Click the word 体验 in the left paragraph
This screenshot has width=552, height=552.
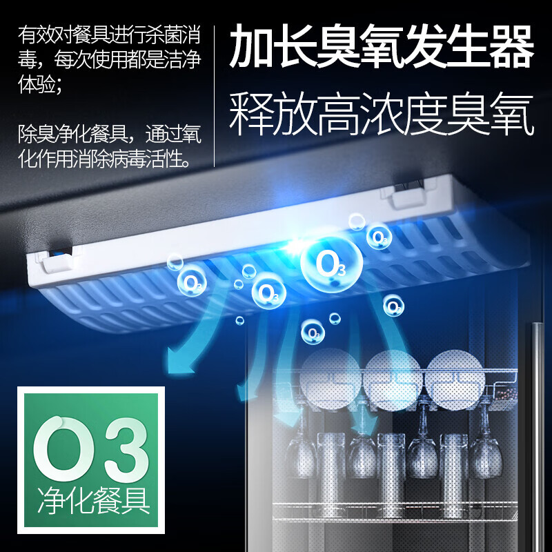point(33,89)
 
